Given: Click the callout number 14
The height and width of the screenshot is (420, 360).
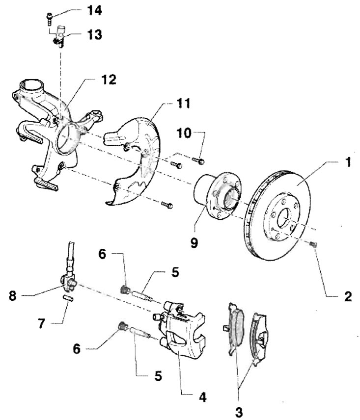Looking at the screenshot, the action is click(94, 11).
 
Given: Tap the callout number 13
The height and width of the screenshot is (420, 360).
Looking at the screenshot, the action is click(94, 35).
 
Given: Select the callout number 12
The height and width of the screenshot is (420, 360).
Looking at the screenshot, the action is click(109, 79).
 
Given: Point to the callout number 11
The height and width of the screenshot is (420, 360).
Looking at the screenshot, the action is click(183, 103).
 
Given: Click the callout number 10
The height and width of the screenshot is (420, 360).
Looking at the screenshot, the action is click(184, 133).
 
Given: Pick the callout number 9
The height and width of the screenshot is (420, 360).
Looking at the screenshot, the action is click(194, 243).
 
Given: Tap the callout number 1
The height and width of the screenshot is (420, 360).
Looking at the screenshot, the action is click(348, 162).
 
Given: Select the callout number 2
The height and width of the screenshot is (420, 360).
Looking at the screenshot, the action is click(348, 296).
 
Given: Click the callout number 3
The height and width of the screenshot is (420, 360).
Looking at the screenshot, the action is click(239, 411).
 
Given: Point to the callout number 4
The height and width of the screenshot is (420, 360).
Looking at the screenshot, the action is click(203, 397).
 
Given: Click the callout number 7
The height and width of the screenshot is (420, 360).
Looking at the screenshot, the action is click(41, 323).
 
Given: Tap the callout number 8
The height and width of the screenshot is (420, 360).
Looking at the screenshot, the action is click(13, 296).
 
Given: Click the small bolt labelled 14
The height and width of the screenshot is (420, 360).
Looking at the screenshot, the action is click(50, 19).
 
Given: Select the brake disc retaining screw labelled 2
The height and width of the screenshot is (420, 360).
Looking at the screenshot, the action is click(313, 244).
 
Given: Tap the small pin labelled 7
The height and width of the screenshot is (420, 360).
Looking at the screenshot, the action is click(68, 298).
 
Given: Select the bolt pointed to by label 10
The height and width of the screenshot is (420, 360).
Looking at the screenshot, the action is click(198, 161).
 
